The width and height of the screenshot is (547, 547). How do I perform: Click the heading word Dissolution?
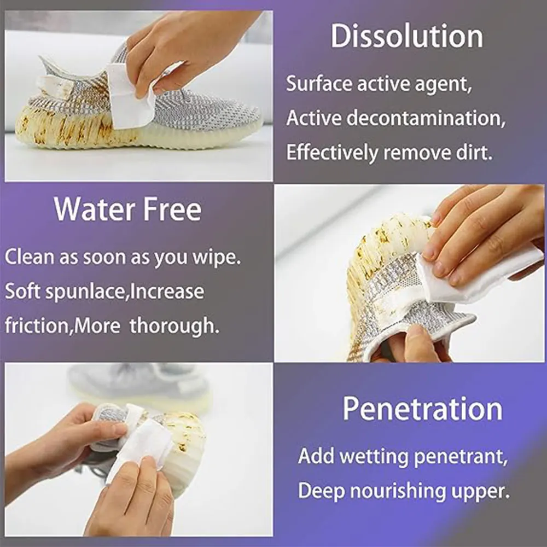pyautogui.click(x=406, y=37)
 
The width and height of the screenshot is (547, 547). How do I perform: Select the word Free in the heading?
pyautogui.click(x=174, y=209)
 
